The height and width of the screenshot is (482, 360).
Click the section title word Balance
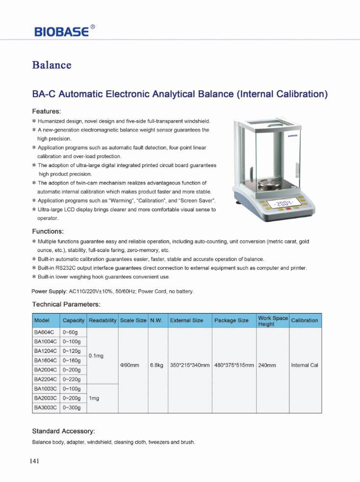tap(51, 65)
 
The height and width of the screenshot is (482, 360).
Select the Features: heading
tap(46, 111)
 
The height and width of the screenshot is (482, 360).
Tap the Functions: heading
tap(48, 231)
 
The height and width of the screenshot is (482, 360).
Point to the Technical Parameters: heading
tap(66, 304)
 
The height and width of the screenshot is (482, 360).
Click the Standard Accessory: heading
tap(63, 431)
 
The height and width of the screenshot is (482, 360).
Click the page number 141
tap(33, 461)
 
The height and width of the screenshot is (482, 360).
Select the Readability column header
tap(103, 321)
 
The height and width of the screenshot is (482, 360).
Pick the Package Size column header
tap(231, 321)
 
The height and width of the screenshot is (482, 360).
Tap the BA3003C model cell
tap(46, 407)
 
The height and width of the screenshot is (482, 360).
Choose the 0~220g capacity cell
tap(72, 379)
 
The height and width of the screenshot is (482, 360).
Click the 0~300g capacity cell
tap(72, 407)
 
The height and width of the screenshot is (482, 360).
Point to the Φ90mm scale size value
tap(130, 365)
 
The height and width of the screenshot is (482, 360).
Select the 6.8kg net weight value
tap(156, 365)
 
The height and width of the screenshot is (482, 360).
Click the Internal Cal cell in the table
tap(305, 365)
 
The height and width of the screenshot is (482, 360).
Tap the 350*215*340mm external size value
tap(189, 365)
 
